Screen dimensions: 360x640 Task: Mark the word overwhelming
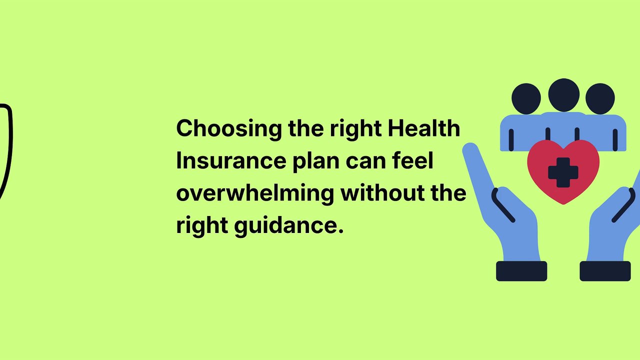tap(254, 193)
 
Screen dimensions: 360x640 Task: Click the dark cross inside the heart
tap(563, 172)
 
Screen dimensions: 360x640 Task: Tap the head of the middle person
tap(563, 95)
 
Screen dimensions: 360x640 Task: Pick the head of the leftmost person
tap(526, 98)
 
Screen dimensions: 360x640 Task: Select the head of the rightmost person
tap(599, 98)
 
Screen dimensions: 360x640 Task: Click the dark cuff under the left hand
tap(521, 271)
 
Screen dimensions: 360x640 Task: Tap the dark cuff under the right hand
tap(605, 271)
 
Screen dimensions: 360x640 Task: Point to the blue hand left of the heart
tap(505, 210)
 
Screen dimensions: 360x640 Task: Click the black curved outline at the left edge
tap(7, 150)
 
